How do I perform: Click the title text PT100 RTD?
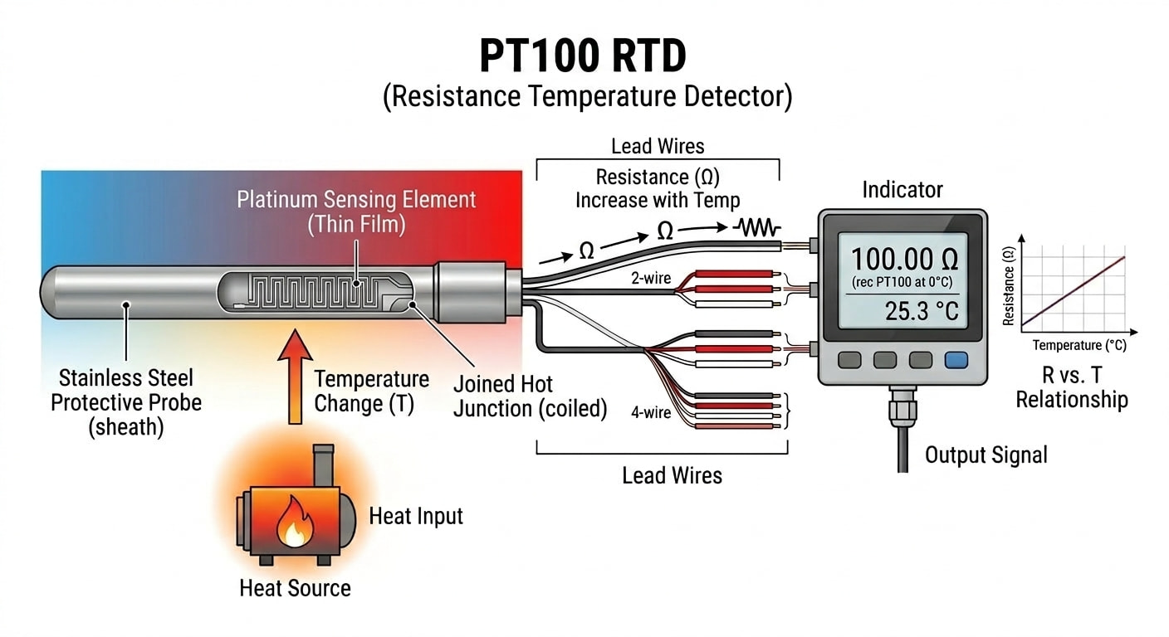coord(584,56)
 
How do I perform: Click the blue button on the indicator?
coord(956,360)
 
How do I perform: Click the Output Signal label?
coord(986,455)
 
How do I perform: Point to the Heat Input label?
coord(415,516)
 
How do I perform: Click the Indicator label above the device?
coord(902,190)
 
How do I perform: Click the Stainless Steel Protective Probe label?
coord(126,402)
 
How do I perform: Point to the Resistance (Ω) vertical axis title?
coord(1009,283)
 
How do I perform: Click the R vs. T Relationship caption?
coord(1071,387)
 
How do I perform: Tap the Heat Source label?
coord(295,588)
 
